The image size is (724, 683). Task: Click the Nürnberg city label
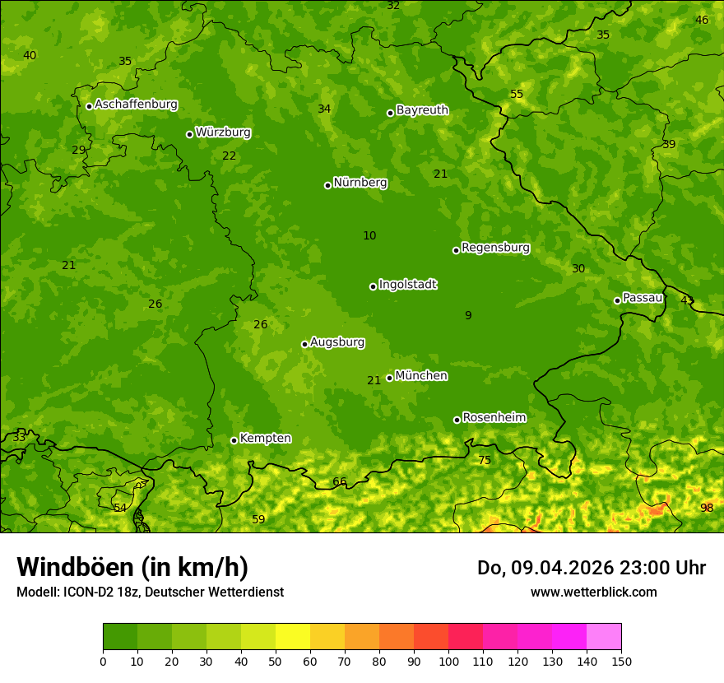pos(360,183)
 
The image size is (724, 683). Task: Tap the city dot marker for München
pos(389,378)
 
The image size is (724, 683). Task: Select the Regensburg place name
pos(495,248)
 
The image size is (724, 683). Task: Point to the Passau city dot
pos(617,300)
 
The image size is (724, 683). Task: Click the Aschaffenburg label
pos(136,105)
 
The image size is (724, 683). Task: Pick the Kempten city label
pos(265,439)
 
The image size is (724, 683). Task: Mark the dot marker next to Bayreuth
pos(390,113)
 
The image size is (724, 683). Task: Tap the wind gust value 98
pos(707,508)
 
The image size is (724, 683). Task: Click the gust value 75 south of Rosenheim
pos(485,460)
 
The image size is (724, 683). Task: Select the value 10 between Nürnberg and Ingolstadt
pos(369,235)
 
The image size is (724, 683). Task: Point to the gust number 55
pos(517,94)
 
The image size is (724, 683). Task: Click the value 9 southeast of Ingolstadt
pos(468,315)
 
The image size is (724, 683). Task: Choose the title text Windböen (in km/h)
pos(132,567)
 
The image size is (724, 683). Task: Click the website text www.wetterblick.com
pos(593,592)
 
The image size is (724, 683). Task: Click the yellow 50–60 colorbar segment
pos(293,637)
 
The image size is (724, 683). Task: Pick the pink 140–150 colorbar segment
pos(604,637)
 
